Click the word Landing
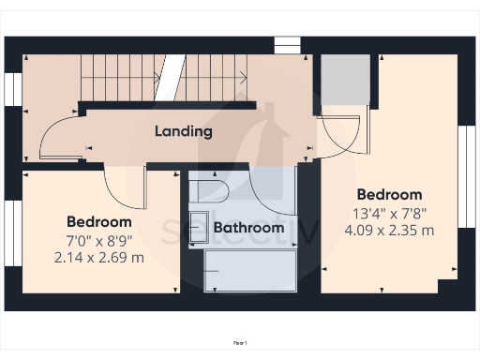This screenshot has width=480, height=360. point(184,131)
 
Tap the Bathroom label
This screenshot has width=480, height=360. point(248,228)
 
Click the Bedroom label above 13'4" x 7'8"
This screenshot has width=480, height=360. point(389,195)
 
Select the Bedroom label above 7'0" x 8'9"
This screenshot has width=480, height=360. point(98,222)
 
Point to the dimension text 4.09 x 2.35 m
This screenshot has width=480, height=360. point(389,230)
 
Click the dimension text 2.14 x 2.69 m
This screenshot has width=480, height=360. point(98,257)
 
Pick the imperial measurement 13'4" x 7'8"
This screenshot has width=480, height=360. point(389,213)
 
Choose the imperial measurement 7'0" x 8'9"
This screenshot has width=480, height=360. point(98,240)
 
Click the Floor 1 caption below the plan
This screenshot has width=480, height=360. point(240,344)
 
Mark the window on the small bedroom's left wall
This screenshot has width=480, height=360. point(12,230)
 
